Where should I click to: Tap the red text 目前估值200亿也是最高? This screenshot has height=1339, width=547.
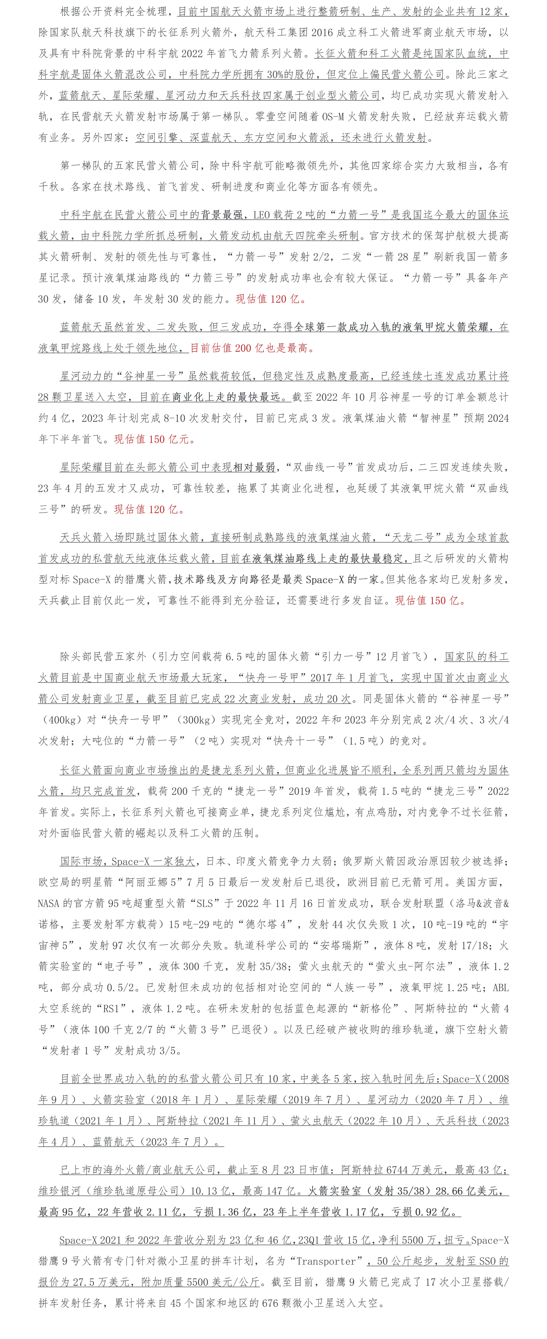[252, 348]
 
